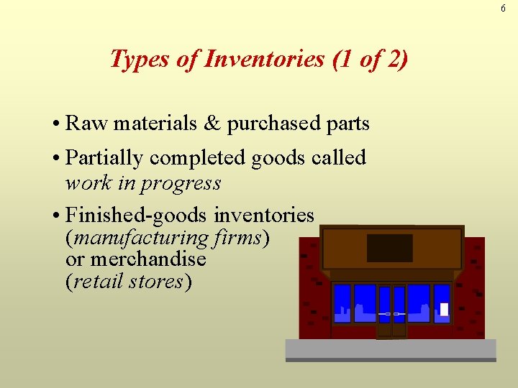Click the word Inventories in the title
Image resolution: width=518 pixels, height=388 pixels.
click(264, 59)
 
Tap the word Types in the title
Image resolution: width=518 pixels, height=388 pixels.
click(141, 60)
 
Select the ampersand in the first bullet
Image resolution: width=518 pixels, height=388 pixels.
click(212, 124)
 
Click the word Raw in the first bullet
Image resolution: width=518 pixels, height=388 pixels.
click(85, 124)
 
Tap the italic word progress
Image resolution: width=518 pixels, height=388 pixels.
click(181, 183)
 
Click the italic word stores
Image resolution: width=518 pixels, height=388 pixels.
click(156, 281)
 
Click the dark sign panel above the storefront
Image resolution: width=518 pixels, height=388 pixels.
click(390, 248)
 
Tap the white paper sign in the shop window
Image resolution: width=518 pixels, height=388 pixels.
click(444, 309)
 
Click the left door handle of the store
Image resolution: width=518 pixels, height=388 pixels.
click(386, 314)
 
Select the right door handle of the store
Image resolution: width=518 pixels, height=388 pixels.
click(399, 314)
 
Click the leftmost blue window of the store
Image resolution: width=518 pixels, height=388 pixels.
click(342, 304)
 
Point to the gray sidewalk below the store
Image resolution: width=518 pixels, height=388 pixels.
click(391, 349)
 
